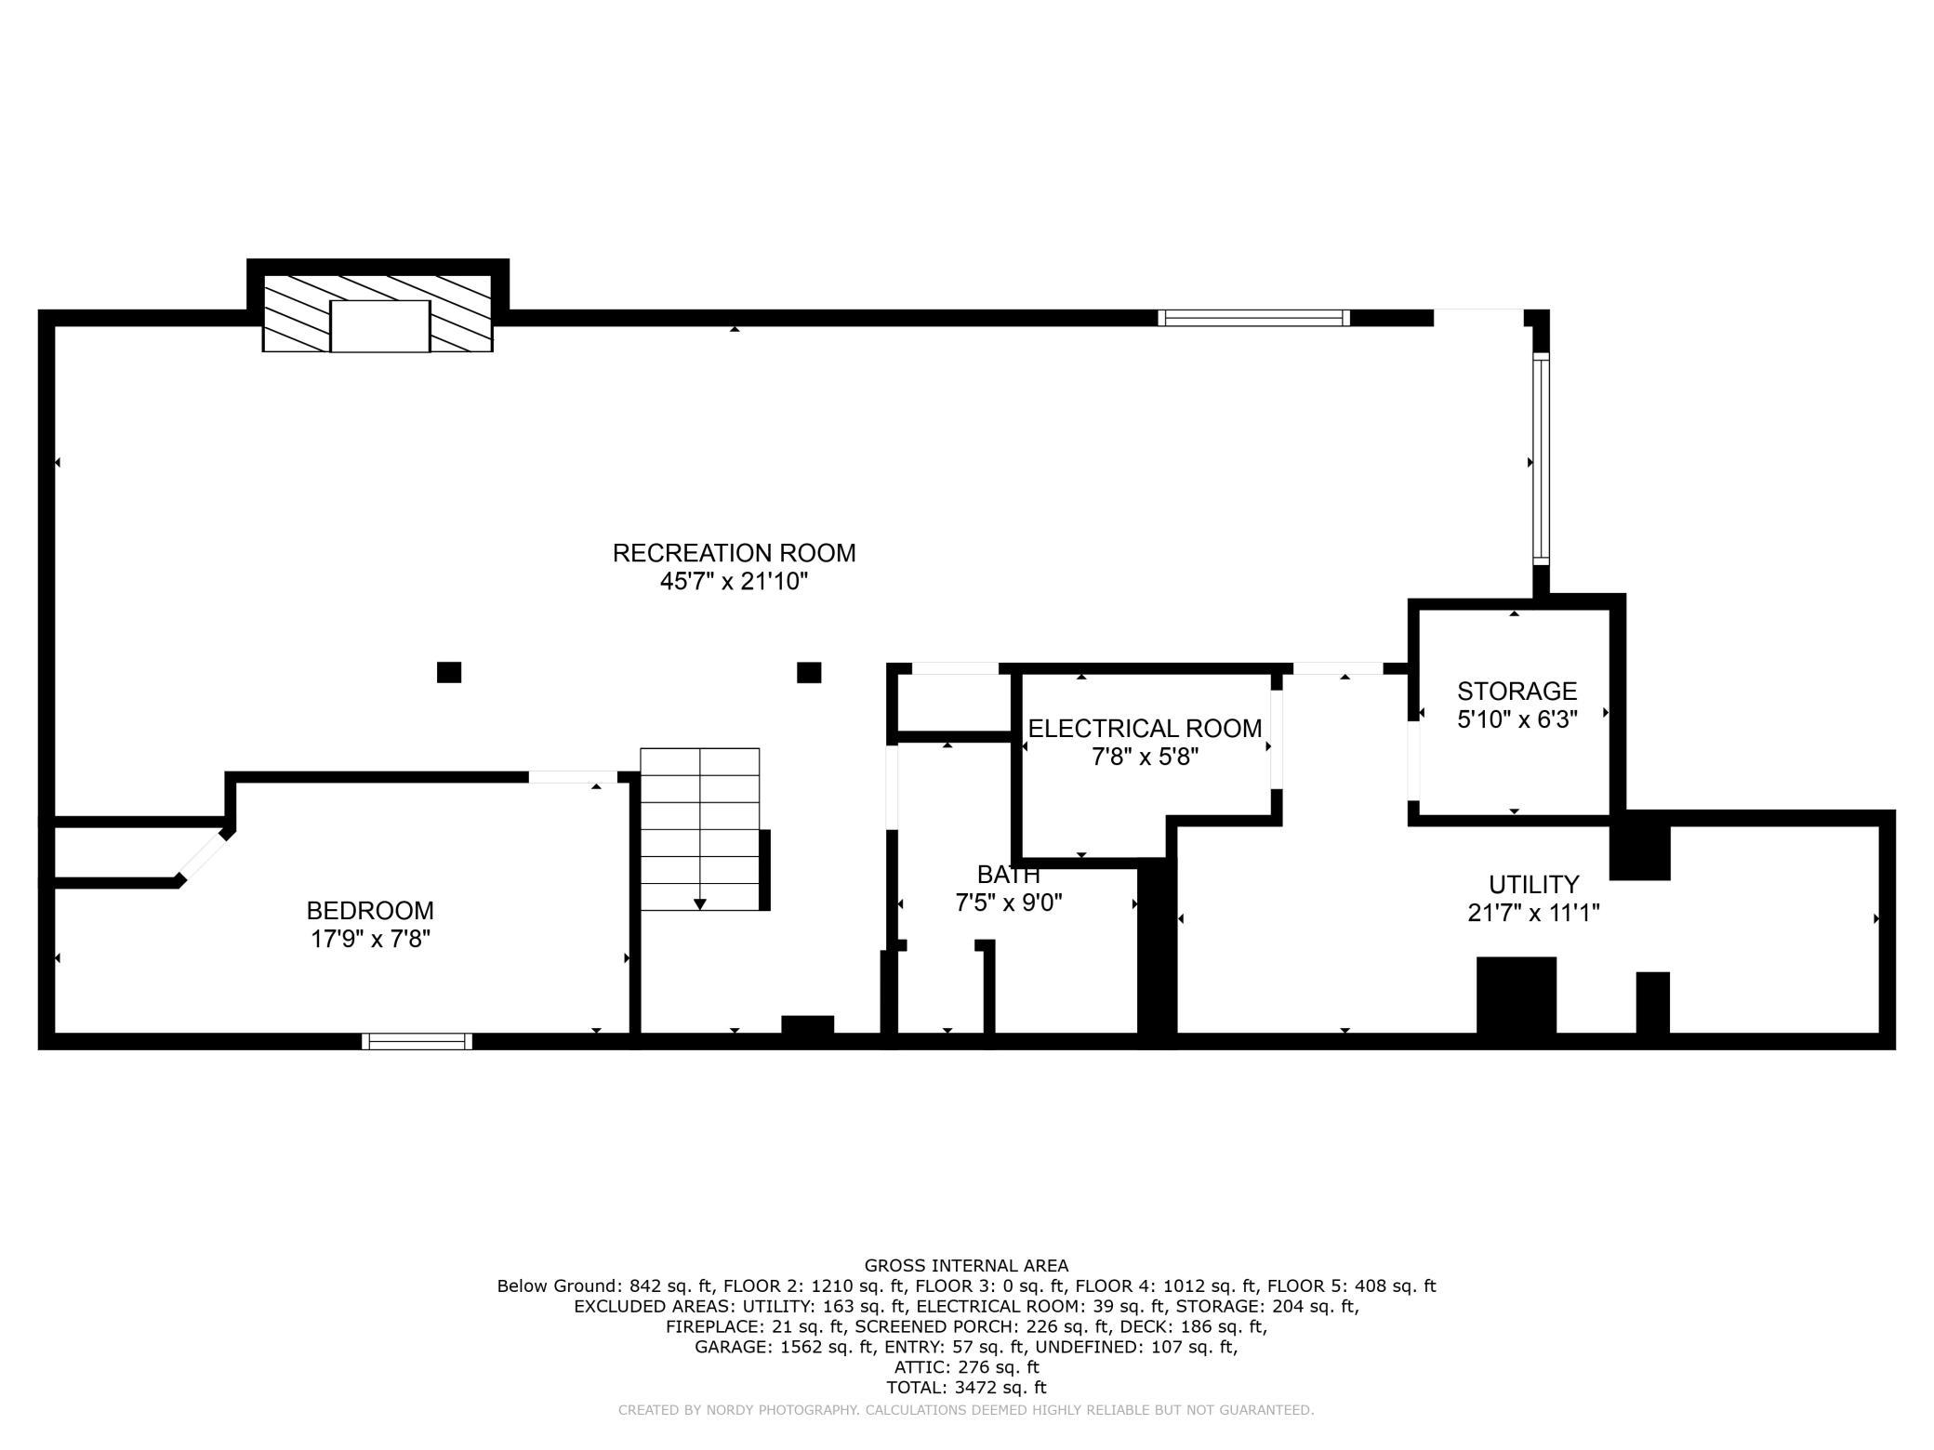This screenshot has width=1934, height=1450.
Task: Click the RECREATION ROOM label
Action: [x=734, y=553]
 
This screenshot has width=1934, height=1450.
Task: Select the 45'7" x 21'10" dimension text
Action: [x=734, y=582]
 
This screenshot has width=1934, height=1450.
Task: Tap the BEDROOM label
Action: [x=370, y=910]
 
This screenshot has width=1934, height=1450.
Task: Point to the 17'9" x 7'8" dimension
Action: [x=370, y=939]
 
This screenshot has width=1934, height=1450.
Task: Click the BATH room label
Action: [x=1008, y=875]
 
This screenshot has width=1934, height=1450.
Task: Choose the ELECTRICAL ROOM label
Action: [x=1145, y=729]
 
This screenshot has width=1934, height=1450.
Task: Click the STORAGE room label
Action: [x=1517, y=692]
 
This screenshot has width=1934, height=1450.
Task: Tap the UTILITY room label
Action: [x=1533, y=884]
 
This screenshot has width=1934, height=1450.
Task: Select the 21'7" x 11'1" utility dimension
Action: [x=1533, y=913]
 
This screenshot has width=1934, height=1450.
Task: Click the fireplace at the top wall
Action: [x=378, y=313]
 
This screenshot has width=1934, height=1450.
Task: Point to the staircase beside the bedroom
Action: [x=700, y=829]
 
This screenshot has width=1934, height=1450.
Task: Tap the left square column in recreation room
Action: [x=449, y=672]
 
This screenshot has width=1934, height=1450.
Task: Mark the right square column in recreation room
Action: [x=809, y=672]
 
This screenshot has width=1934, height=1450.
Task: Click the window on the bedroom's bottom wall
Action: [x=417, y=1042]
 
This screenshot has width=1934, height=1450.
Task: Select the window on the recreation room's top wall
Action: [x=1253, y=318]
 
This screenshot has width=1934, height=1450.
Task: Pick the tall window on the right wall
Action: [x=1541, y=459]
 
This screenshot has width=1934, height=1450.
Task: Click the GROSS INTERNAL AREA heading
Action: [x=966, y=1265]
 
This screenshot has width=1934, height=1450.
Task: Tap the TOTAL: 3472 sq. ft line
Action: [x=966, y=1388]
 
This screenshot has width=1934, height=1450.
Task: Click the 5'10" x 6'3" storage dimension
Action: [x=1517, y=720]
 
